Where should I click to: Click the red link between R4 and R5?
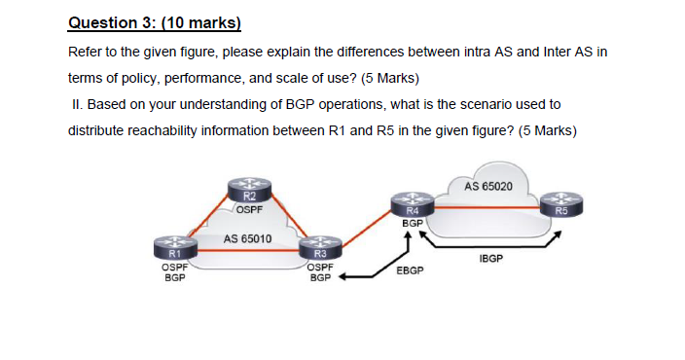click(x=487, y=207)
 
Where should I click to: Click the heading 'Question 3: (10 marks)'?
click(x=154, y=22)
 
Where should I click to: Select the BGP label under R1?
click(x=173, y=277)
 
